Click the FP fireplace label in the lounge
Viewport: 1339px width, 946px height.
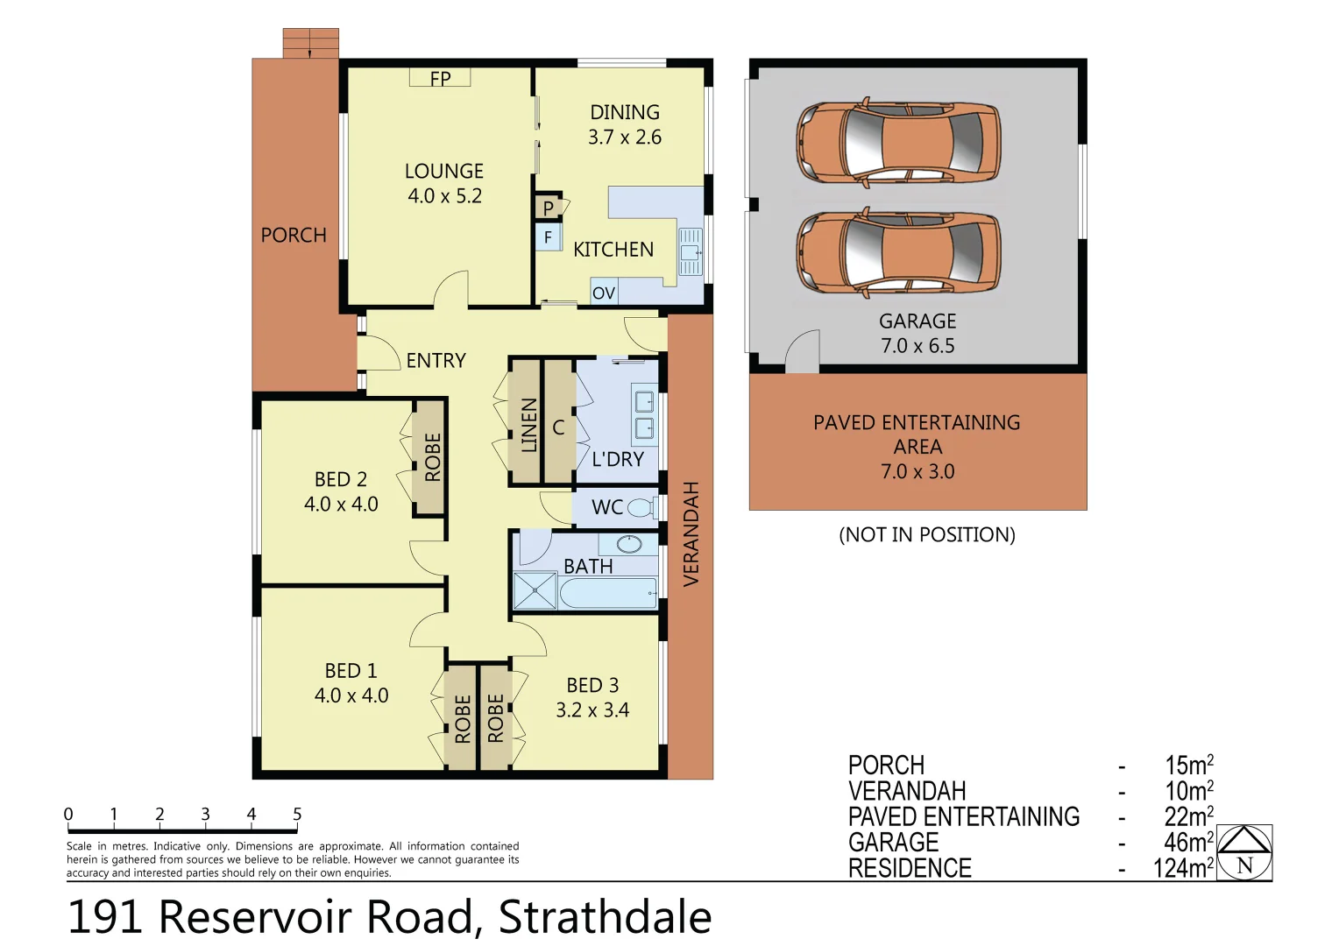[x=440, y=79]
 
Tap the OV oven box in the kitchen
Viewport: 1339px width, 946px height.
[x=604, y=293]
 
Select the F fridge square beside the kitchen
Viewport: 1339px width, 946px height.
[x=549, y=237]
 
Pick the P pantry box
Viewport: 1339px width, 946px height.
[x=549, y=208]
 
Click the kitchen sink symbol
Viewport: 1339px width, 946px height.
[x=690, y=251]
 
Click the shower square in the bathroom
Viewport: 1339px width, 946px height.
[x=535, y=590]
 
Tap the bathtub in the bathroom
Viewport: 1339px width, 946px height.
[x=608, y=593]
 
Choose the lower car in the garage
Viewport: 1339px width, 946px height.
[x=898, y=251]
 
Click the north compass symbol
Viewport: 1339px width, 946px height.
[x=1244, y=852]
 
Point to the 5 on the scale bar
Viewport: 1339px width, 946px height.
[x=297, y=814]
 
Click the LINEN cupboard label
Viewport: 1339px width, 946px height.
[x=528, y=425]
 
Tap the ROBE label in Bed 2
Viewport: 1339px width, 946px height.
[x=432, y=457]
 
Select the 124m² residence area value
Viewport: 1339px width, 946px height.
[x=1183, y=868]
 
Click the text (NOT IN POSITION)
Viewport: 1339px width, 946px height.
[x=927, y=534]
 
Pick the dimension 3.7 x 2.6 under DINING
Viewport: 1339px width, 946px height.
[x=625, y=138]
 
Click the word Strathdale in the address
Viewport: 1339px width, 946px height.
[x=605, y=917]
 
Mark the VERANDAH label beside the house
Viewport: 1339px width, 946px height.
[x=691, y=534]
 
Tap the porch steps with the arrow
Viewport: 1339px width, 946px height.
[x=310, y=43]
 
